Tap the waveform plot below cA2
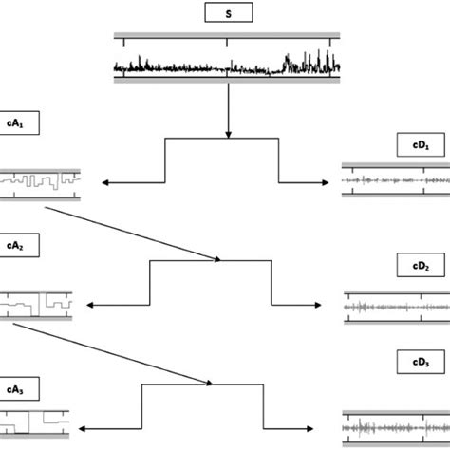[x=37, y=305]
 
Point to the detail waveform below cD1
[x=395, y=179]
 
